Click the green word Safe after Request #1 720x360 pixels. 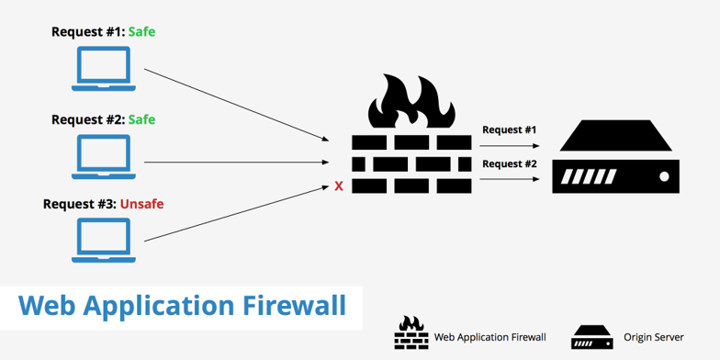141,32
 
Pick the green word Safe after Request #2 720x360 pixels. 141,119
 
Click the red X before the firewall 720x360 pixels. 339,186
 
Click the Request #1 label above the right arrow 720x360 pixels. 509,129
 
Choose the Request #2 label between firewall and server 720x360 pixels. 509,163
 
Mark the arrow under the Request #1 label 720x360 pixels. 509,145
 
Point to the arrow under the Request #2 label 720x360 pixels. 509,179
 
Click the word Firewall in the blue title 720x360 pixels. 294,306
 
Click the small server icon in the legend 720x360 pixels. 591,336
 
